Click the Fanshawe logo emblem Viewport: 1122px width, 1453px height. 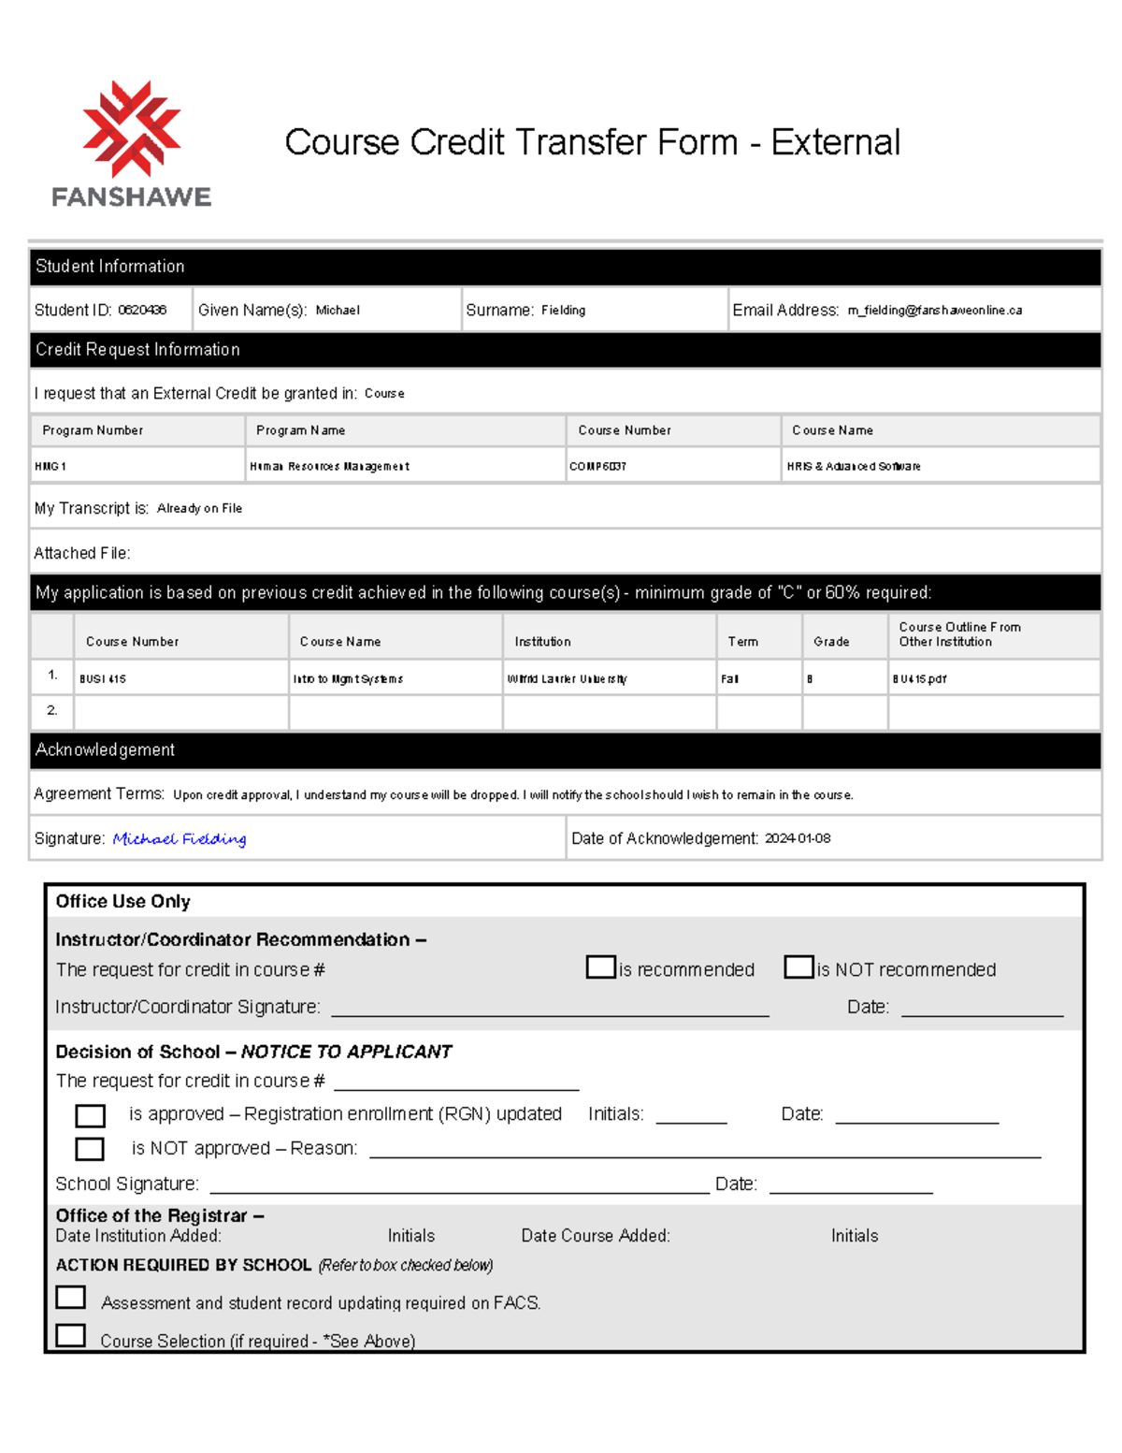coord(132,129)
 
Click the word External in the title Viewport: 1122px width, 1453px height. coord(835,142)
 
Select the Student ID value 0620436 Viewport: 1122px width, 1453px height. coord(142,310)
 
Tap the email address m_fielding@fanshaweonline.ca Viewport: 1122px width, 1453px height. coord(934,310)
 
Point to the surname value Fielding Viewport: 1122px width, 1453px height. coord(563,310)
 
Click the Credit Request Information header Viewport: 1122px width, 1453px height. coord(137,349)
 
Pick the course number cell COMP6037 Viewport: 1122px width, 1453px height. coord(597,466)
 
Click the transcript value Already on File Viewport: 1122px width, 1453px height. coord(199,508)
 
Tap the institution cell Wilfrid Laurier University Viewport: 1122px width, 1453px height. coord(567,679)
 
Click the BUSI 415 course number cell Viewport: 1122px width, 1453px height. coord(103,679)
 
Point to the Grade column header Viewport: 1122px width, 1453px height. coord(831,642)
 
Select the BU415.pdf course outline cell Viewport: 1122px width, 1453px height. coord(919,679)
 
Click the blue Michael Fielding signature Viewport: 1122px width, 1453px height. coord(180,838)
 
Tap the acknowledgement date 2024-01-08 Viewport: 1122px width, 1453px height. coord(798,838)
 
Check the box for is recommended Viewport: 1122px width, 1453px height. coord(601,966)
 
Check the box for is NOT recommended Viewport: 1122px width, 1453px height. coord(799,966)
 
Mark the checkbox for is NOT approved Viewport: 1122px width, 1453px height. coord(90,1148)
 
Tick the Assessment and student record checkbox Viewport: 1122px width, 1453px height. coord(71,1297)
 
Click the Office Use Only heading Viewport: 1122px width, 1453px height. coord(122,901)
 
